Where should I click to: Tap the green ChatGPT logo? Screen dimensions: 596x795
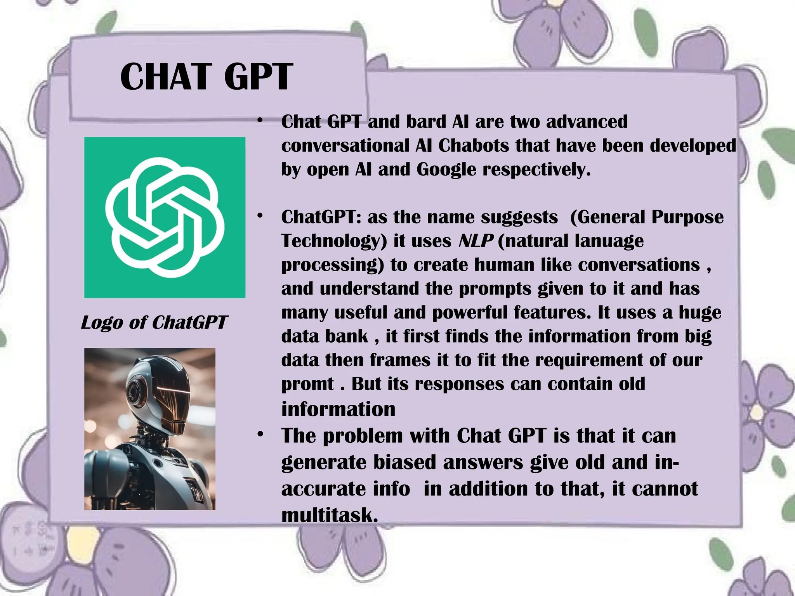165,217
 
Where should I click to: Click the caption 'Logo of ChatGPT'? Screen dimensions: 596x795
154,322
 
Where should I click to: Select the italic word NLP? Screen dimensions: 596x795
476,241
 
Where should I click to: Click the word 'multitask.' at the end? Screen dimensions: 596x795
330,515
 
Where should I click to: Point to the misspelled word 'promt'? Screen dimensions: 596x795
307,384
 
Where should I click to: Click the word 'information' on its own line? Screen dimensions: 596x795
338,409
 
